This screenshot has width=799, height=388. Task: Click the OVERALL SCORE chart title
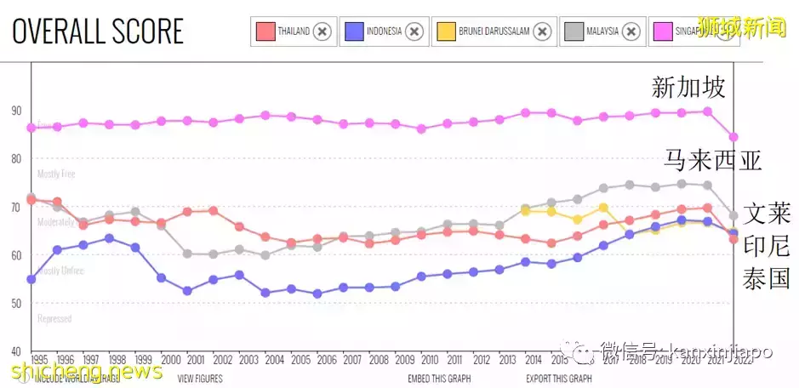pyautogui.click(x=98, y=31)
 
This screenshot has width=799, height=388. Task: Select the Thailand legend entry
pyautogui.click(x=286, y=31)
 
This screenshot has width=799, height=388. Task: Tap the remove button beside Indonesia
pyautogui.click(x=414, y=31)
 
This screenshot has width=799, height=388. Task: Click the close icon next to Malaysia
pyautogui.click(x=631, y=31)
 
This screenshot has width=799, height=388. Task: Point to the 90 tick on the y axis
pyautogui.click(x=16, y=110)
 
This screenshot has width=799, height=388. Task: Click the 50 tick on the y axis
pyautogui.click(x=16, y=303)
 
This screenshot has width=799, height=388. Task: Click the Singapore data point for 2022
pyautogui.click(x=733, y=137)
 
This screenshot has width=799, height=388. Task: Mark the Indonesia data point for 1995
pyautogui.click(x=31, y=279)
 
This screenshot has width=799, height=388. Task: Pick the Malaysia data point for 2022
pyautogui.click(x=733, y=215)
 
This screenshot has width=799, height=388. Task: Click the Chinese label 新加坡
pyautogui.click(x=688, y=88)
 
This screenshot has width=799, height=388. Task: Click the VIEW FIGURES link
pyautogui.click(x=201, y=379)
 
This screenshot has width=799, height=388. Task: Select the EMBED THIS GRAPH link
pyautogui.click(x=439, y=379)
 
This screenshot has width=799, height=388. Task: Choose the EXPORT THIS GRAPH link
pyautogui.click(x=558, y=379)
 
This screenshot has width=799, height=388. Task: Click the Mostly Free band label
pyautogui.click(x=56, y=174)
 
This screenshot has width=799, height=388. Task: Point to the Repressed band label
pyautogui.click(x=54, y=319)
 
